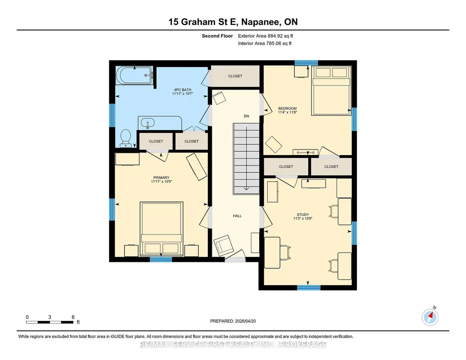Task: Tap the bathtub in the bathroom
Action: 134,75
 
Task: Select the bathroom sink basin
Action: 147,122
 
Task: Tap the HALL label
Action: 237,216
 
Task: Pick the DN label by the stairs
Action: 246,116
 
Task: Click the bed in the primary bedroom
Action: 161,229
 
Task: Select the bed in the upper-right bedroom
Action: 331,91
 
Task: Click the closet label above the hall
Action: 235,76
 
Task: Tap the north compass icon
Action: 430,317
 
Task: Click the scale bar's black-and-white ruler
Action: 50,322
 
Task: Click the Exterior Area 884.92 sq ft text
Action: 266,36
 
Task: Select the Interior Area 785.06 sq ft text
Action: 265,43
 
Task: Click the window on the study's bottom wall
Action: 309,288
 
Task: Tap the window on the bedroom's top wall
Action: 306,63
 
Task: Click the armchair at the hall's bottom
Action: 222,245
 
